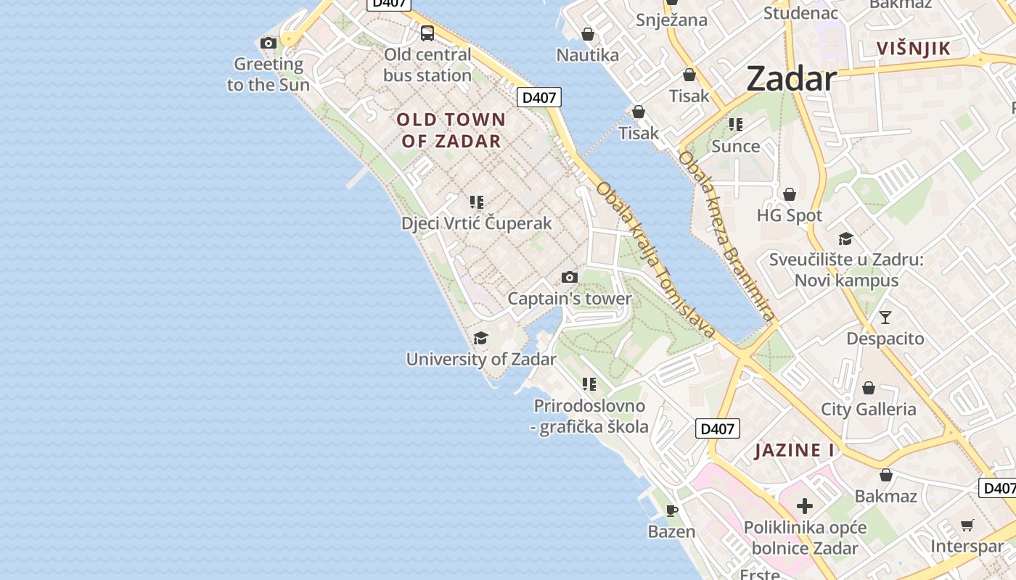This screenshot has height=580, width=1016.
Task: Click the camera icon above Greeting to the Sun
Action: (269, 43)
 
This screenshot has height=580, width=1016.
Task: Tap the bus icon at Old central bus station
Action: (427, 33)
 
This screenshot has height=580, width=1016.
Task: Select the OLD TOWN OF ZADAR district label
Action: (451, 130)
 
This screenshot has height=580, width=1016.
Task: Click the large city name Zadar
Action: (791, 78)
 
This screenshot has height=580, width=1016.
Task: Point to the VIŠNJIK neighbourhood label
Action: (913, 49)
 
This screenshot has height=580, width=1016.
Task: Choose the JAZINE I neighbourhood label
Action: (795, 450)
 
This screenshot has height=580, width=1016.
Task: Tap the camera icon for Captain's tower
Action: (570, 277)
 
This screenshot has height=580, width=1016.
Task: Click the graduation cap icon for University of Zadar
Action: (480, 338)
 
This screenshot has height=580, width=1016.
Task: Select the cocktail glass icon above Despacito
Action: (885, 317)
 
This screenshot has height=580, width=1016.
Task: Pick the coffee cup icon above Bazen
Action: (672, 510)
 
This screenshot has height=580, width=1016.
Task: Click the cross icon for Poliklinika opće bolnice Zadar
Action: (804, 505)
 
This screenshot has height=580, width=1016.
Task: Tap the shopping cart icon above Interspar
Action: (967, 525)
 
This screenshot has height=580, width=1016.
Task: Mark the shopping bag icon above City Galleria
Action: (869, 388)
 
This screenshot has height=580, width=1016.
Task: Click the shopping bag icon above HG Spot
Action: (790, 194)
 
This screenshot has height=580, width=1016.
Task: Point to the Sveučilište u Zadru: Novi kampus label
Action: (846, 270)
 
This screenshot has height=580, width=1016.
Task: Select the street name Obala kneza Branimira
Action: (727, 236)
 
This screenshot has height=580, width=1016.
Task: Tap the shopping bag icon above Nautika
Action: (588, 34)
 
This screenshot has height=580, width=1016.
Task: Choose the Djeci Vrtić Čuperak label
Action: (477, 223)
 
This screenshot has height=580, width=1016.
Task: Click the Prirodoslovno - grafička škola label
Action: (589, 416)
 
